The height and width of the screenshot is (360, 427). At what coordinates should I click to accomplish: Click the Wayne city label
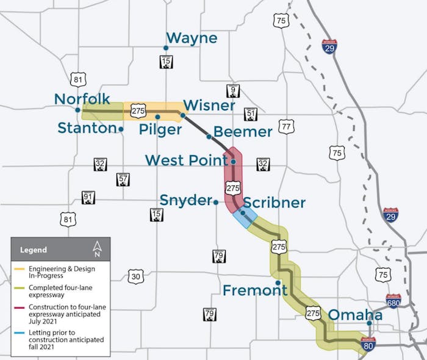pos(192,38)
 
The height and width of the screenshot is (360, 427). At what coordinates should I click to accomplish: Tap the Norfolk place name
pos(82,99)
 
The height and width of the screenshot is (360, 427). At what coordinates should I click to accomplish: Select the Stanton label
pos(87,128)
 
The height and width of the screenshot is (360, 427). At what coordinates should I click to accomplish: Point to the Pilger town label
pos(160,129)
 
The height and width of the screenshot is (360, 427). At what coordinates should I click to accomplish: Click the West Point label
pos(186,160)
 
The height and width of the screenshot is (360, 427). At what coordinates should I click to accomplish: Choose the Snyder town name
pos(185,200)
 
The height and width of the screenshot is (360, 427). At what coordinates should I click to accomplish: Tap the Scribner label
pos(274,203)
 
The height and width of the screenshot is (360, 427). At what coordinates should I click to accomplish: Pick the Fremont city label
pos(254,290)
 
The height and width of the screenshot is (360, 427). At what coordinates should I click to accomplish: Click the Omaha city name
pos(356,315)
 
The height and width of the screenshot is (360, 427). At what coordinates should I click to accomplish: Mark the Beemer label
pos(243,132)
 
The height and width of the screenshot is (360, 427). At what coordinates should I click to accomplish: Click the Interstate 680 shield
pos(393,301)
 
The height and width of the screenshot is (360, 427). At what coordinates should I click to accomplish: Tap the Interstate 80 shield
pos(368,344)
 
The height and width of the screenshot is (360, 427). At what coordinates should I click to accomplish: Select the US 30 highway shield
pos(136,276)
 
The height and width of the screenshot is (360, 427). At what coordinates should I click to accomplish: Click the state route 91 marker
pos(88,198)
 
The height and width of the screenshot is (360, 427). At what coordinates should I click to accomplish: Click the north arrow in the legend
pos(97,248)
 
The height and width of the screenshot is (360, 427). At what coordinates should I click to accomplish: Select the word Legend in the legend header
pos(33,250)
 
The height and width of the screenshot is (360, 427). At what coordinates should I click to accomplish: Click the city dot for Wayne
pos(165,48)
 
